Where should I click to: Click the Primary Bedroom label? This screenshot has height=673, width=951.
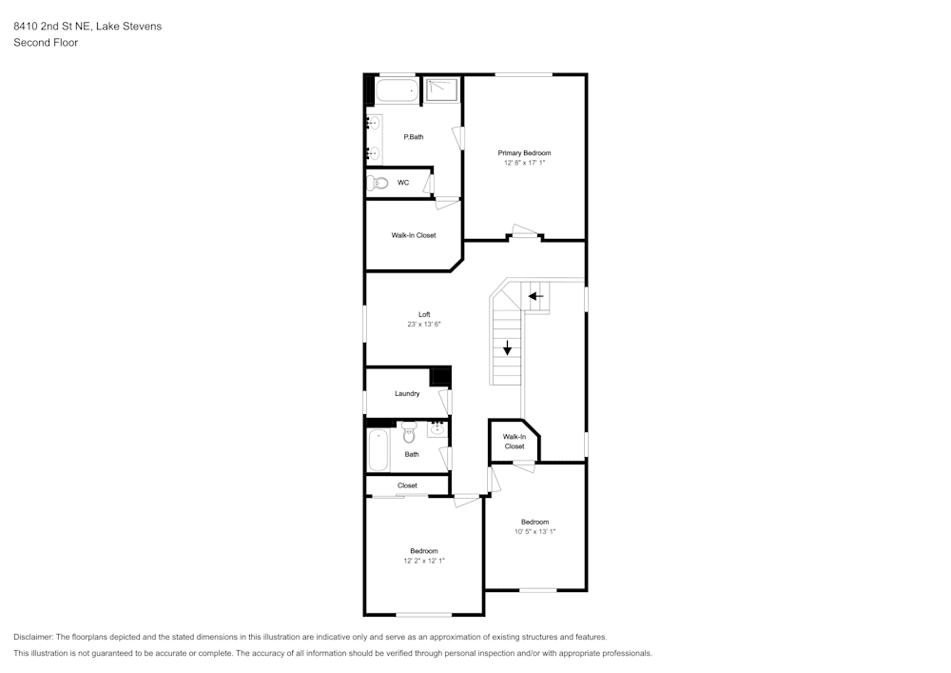point(524,153)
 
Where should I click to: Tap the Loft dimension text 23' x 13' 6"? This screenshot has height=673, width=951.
point(424,324)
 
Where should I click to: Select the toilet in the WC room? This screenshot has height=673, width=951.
point(378,182)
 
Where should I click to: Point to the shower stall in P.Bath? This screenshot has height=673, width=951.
point(441,91)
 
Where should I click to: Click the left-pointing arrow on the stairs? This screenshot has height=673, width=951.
point(535,296)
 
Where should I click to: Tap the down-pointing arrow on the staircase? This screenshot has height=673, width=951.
point(507,347)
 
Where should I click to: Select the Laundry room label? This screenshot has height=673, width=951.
point(407,393)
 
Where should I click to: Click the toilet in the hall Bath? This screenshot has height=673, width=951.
point(409,431)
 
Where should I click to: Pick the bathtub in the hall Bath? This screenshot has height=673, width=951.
point(378,449)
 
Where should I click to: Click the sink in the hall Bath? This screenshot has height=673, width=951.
point(437,428)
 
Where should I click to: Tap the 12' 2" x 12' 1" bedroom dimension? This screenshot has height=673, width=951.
point(424,561)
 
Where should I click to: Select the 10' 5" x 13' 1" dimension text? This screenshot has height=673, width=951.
point(534,531)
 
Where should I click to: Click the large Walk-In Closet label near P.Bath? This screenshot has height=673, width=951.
point(414,235)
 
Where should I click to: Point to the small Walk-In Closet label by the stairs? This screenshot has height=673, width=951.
point(514,441)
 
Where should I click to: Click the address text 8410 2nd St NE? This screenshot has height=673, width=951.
point(52,26)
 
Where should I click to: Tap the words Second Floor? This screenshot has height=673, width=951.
point(46,43)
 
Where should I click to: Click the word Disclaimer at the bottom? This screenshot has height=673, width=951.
point(32,637)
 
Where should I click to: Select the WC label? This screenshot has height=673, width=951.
point(403,183)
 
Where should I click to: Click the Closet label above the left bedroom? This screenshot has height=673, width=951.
point(407,485)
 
